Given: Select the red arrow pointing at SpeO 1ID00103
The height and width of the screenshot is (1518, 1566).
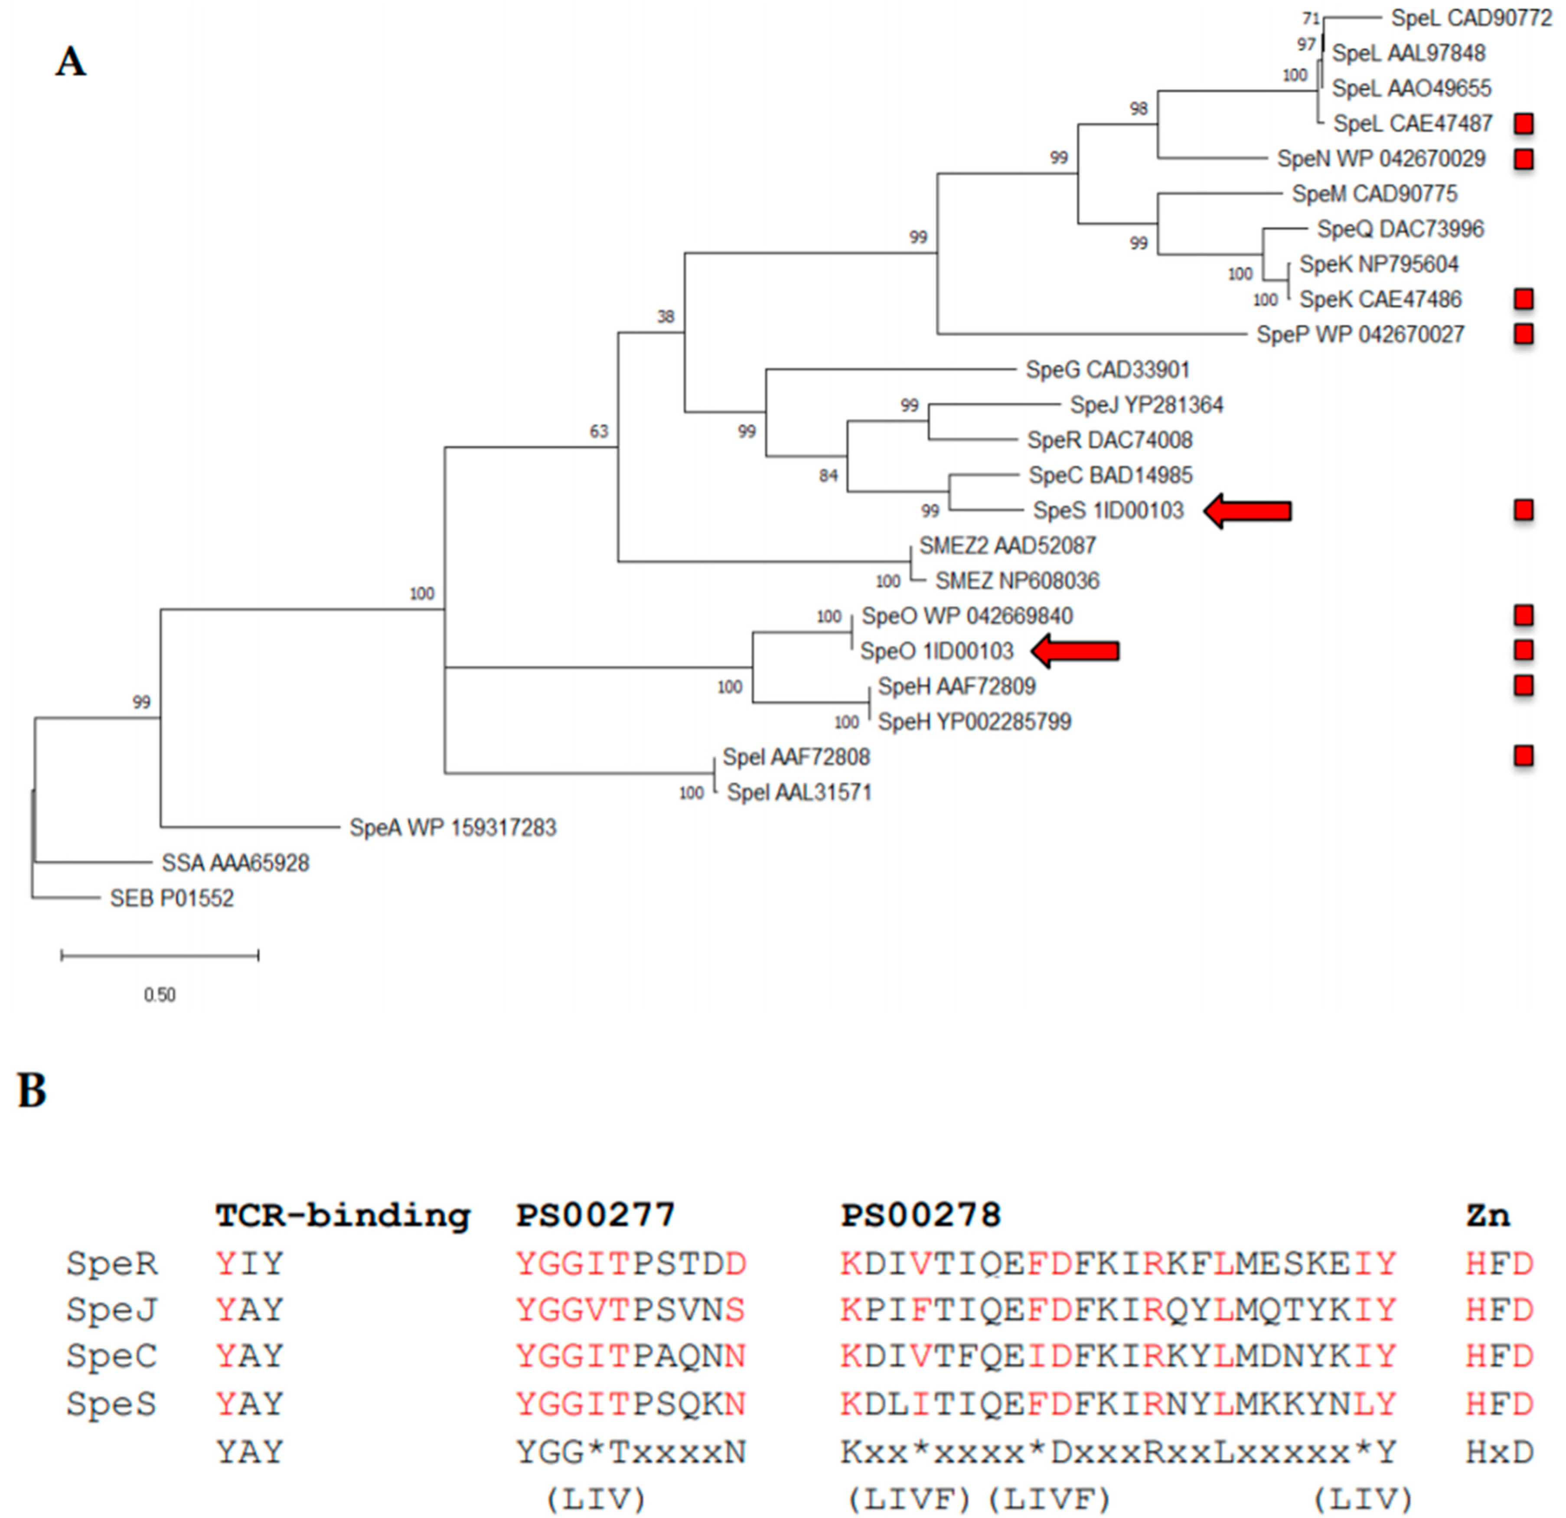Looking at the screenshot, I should (1075, 651).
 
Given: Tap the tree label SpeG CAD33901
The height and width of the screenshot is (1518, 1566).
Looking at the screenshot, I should (1107, 370).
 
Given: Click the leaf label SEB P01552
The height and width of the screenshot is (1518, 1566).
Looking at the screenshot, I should (172, 898).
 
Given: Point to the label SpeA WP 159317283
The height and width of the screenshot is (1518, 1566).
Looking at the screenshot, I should (452, 828).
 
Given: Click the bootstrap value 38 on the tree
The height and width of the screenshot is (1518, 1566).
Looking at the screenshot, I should (666, 317).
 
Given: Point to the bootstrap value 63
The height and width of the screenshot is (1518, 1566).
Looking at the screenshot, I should (598, 431).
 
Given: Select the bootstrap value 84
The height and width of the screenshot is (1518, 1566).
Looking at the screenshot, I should (828, 476).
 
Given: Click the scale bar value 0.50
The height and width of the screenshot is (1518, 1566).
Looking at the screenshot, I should (160, 995).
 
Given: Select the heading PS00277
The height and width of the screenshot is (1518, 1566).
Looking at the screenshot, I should (595, 1215).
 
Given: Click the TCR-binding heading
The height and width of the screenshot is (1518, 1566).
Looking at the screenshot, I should (342, 1215).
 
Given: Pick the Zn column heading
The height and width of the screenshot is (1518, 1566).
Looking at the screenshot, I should (1487, 1215).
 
